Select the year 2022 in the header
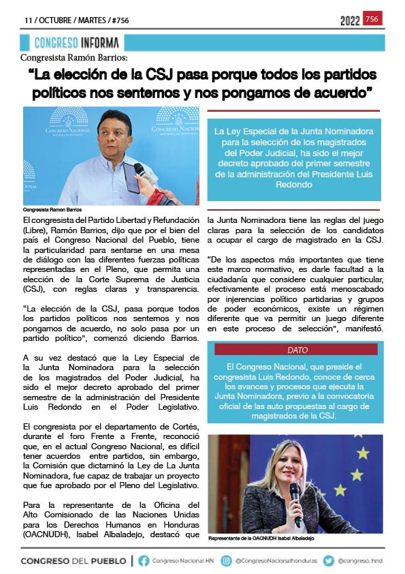(350, 21)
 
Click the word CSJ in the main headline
(176, 74)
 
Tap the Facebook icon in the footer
(144, 560)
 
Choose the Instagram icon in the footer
(227, 560)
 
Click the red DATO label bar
(297, 349)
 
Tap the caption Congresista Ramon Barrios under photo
(52, 209)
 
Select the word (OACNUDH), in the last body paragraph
(45, 534)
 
